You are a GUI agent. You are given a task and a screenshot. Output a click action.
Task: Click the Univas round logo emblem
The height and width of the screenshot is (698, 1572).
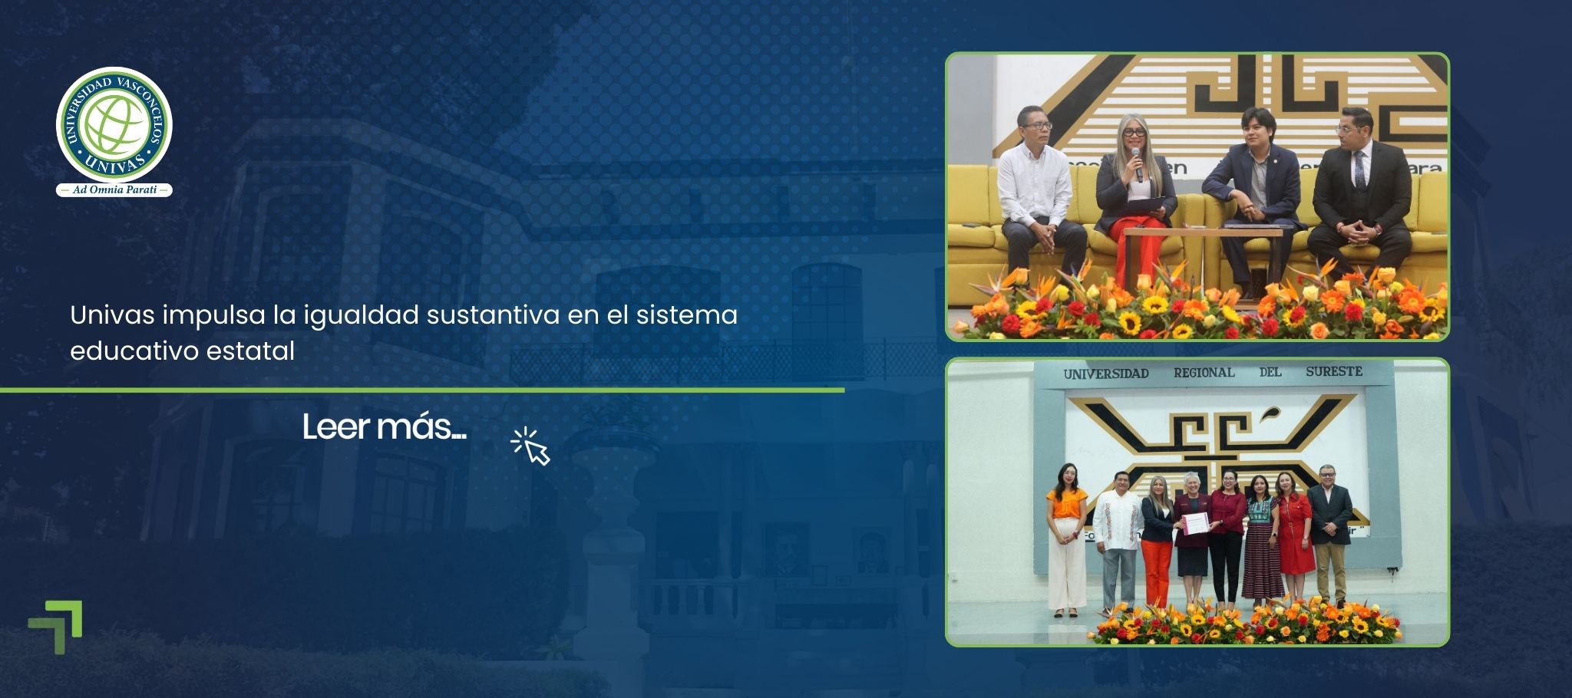point(114,125)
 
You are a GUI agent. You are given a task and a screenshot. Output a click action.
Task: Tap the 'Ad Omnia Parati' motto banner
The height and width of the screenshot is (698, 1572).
point(114,189)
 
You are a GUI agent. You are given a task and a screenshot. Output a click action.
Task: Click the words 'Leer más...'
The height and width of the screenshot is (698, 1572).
point(384,427)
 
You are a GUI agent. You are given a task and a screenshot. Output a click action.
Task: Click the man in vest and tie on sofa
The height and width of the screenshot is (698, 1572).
point(1360,192)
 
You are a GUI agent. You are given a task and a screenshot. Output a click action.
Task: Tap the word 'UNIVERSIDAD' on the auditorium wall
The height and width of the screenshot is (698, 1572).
point(1105,374)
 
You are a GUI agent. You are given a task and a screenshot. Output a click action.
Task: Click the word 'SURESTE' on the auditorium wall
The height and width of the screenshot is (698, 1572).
point(1334,371)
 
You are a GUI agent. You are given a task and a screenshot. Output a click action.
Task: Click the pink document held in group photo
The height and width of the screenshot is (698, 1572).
point(1195,524)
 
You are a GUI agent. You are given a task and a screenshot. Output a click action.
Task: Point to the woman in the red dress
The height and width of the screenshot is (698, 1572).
point(1294,537)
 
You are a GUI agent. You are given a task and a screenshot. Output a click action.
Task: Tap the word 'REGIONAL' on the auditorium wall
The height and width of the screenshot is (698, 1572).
point(1204,373)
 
